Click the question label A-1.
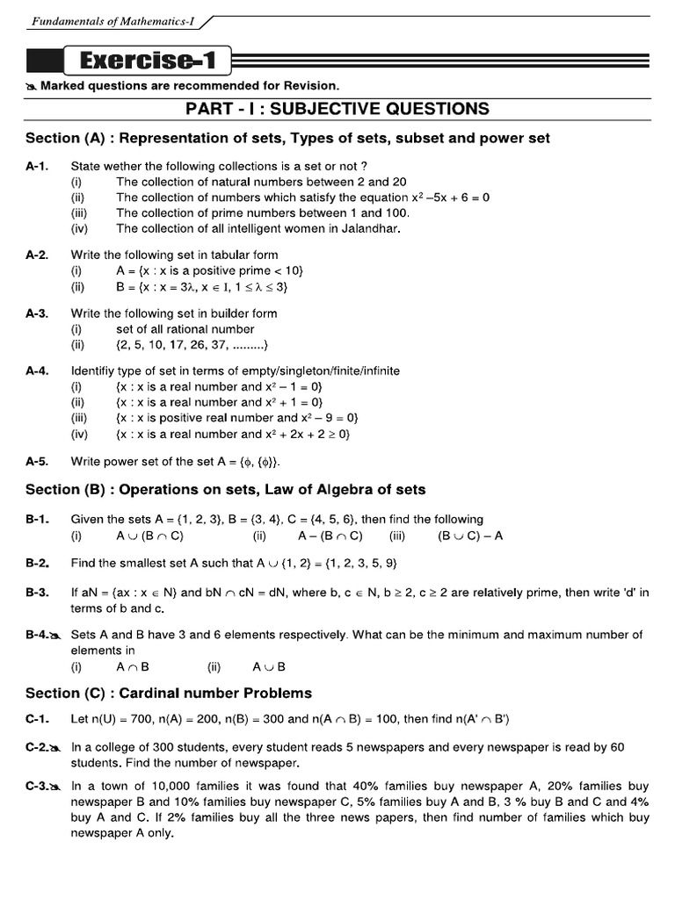click(37, 166)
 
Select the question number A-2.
click(37, 255)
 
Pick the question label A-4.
click(37, 370)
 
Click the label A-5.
click(37, 461)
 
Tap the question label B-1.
click(37, 520)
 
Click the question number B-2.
click(37, 563)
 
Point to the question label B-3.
click(37, 593)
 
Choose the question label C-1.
click(37, 720)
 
